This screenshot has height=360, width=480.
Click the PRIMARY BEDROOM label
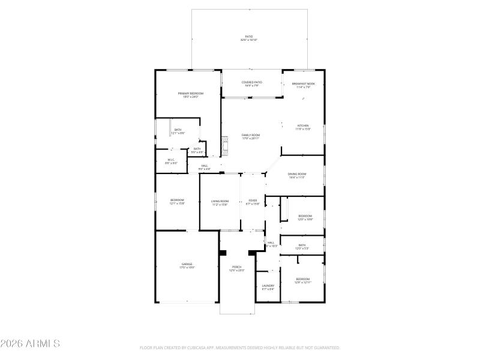pyautogui.click(x=191, y=95)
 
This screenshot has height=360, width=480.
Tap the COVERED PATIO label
pyautogui.click(x=251, y=84)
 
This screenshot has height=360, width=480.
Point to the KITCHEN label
pyautogui.click(x=303, y=127)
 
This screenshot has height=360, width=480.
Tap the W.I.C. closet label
pyautogui.click(x=171, y=161)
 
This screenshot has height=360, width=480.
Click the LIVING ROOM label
pyautogui.click(x=220, y=203)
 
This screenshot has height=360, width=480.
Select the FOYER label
pyautogui.click(x=253, y=203)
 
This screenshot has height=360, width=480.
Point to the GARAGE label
pyautogui.click(x=187, y=265)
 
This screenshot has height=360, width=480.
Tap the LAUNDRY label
pyautogui.click(x=268, y=287)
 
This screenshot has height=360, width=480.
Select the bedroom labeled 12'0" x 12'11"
pyautogui.click(x=302, y=280)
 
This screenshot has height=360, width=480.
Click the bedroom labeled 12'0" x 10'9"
pyautogui.click(x=305, y=217)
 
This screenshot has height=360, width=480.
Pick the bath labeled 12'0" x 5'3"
pyautogui.click(x=302, y=247)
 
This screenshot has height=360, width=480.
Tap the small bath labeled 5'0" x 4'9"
pyautogui.click(x=197, y=150)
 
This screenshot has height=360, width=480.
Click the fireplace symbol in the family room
pyautogui.click(x=225, y=143)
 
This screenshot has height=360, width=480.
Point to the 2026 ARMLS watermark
pyautogui.click(x=30, y=344)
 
